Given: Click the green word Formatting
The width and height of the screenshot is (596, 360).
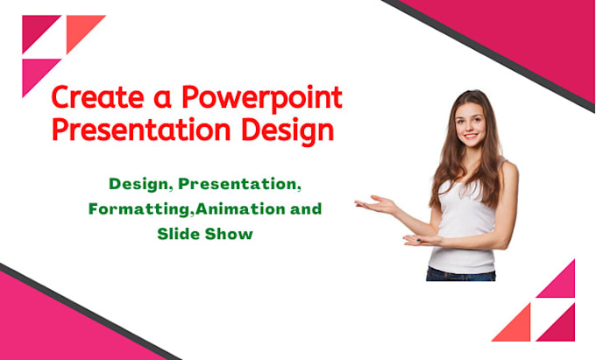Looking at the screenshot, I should [133, 210].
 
